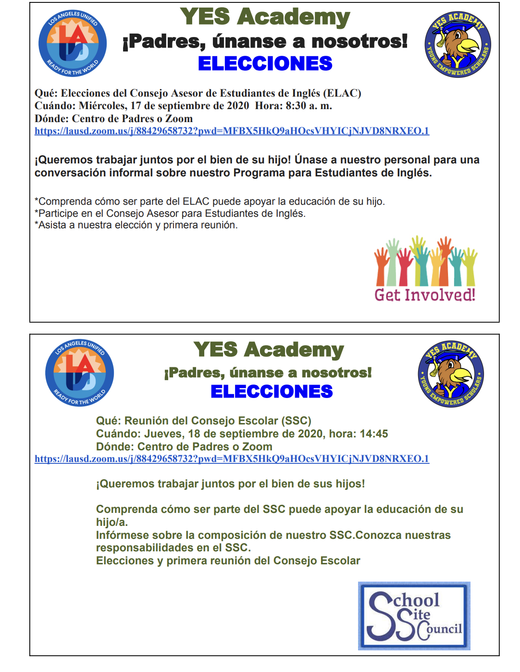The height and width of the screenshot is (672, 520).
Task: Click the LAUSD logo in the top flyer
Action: click(73, 43)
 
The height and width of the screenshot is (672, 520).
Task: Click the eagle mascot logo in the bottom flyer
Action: click(451, 374)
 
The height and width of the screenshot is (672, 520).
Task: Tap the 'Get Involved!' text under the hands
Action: click(425, 295)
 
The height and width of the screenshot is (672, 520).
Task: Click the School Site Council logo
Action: click(414, 616)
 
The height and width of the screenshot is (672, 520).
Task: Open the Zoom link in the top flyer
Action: click(232, 131)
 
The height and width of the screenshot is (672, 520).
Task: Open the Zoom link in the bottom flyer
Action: click(232, 459)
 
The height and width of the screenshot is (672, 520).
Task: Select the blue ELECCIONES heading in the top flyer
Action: click(265, 63)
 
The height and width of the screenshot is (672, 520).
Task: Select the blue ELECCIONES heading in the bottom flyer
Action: click(272, 391)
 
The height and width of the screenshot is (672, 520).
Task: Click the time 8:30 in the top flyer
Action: click(296, 106)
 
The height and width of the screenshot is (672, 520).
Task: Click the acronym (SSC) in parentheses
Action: click(296, 421)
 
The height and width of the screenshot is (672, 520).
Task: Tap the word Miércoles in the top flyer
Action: click(102, 106)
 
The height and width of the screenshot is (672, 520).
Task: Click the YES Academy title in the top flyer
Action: click(265, 17)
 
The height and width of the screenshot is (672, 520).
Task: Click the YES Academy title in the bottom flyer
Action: click(269, 350)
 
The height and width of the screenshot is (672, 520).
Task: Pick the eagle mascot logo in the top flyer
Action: click(458, 44)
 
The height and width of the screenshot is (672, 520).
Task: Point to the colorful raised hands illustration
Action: click(425, 261)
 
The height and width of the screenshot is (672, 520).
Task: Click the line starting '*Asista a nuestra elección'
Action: click(136, 225)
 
